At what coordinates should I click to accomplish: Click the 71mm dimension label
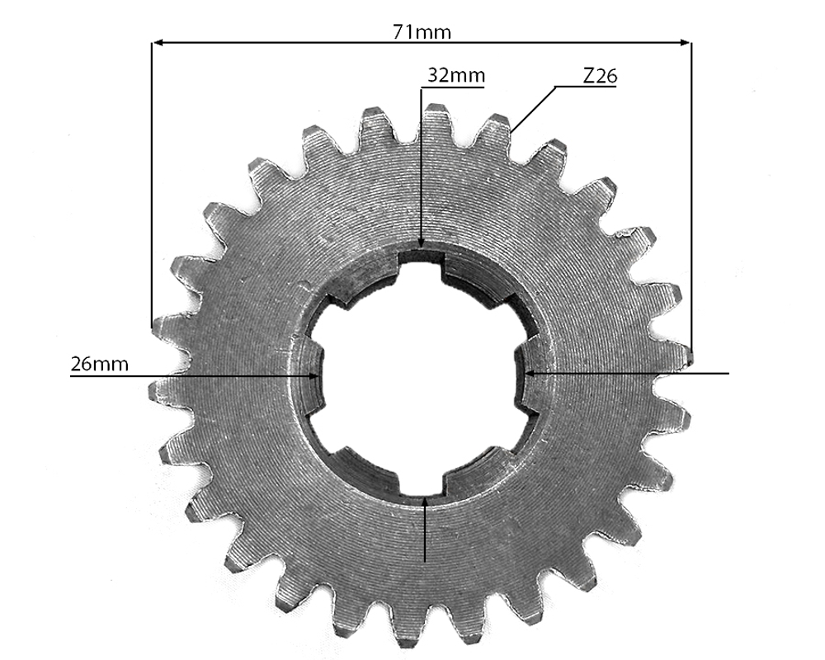(422, 32)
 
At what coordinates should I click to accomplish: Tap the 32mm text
(455, 76)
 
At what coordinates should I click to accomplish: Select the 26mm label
(99, 364)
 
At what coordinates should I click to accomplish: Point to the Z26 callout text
(600, 76)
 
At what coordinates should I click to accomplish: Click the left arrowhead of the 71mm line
(158, 41)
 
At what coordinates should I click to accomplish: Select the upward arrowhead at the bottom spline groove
(424, 501)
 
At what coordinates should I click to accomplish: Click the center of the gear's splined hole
(422, 374)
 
